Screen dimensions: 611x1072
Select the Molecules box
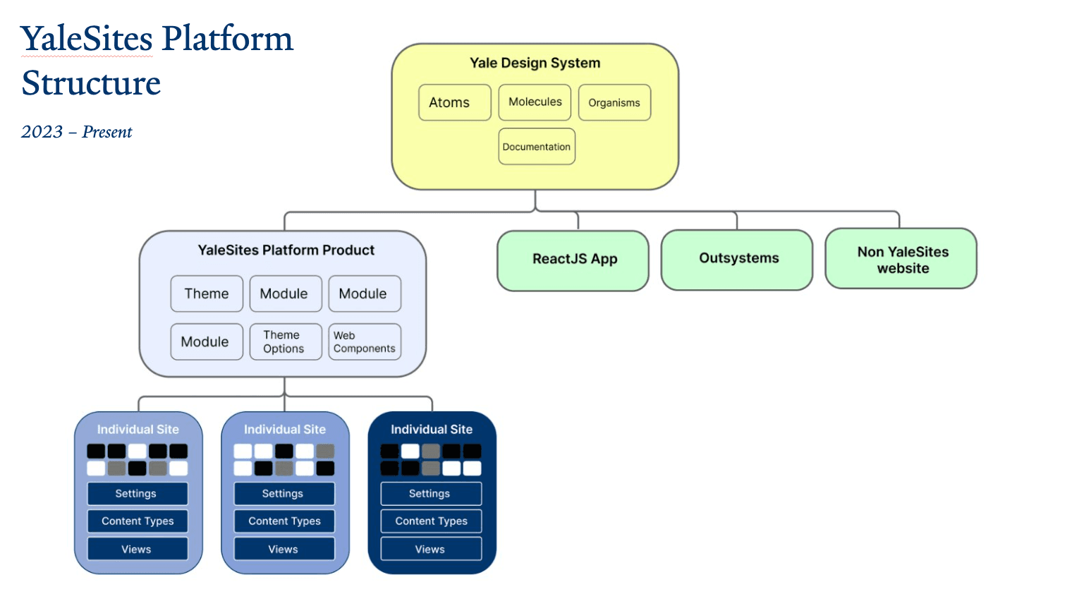click(x=535, y=102)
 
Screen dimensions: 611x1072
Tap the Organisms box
click(x=614, y=103)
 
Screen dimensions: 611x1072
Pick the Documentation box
click(x=537, y=147)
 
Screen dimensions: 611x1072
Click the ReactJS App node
click(x=573, y=260)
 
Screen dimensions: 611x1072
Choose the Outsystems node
click(x=738, y=259)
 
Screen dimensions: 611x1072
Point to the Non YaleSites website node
click(x=901, y=259)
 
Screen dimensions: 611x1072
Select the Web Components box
click(x=365, y=341)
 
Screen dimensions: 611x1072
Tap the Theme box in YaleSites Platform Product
click(x=207, y=294)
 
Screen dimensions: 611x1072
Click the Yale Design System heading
click(x=535, y=63)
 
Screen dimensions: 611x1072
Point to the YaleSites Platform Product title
click(x=286, y=250)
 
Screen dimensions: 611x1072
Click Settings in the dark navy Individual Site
click(x=431, y=493)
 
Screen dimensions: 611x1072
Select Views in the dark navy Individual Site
click(x=431, y=549)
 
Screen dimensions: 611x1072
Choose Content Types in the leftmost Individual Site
click(x=138, y=521)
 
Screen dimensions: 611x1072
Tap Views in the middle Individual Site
click(x=284, y=549)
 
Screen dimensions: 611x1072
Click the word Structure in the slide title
click(x=91, y=83)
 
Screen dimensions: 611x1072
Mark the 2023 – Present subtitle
click(x=76, y=132)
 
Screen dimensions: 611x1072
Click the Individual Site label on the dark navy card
click(x=431, y=429)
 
